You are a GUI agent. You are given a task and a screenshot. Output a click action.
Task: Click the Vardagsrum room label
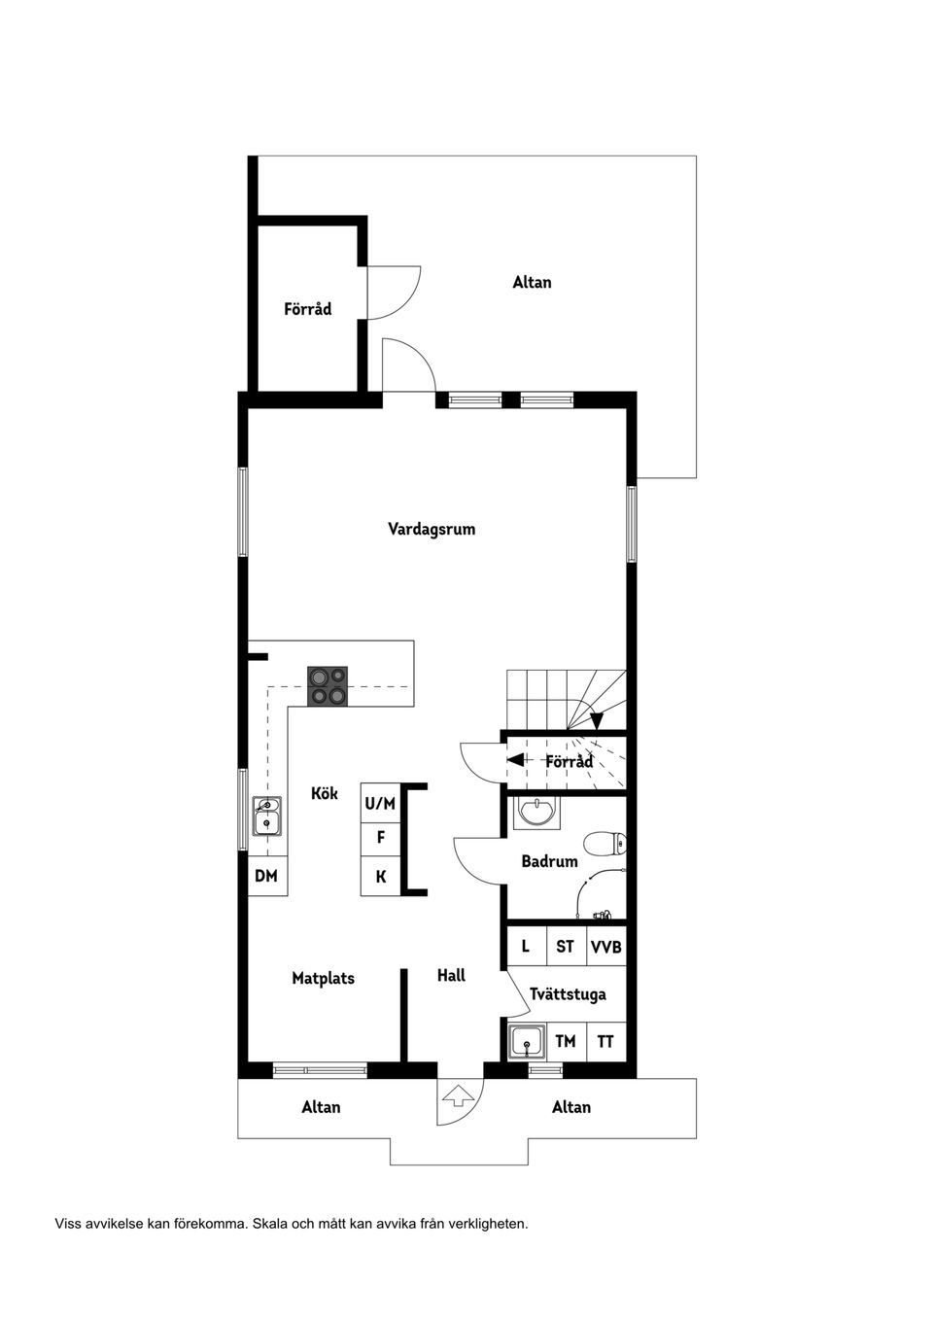coord(432,530)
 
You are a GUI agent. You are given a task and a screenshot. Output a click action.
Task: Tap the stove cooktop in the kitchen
coord(328,685)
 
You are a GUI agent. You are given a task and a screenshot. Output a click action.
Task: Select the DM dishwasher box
coord(266,876)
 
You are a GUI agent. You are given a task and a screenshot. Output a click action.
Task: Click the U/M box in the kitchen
coord(380,804)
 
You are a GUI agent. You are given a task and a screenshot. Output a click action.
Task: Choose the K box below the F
coord(380,877)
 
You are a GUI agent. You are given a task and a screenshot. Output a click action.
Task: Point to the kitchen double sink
coord(266,816)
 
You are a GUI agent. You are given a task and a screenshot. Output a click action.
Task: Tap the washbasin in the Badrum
coord(536,812)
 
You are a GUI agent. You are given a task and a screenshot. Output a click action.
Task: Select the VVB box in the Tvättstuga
coord(606,947)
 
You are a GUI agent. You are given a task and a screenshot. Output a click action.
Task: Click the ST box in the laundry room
coord(565,947)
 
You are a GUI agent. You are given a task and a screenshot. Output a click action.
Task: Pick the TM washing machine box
coord(565,1042)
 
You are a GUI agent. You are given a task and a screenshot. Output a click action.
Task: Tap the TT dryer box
coord(605,1042)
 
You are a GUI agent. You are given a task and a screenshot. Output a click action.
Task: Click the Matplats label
coord(323,979)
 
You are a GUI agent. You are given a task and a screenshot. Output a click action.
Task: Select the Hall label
coord(451,976)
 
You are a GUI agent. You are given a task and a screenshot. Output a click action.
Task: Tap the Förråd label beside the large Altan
coord(307,309)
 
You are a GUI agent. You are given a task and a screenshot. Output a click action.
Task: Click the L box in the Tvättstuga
coord(525,947)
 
